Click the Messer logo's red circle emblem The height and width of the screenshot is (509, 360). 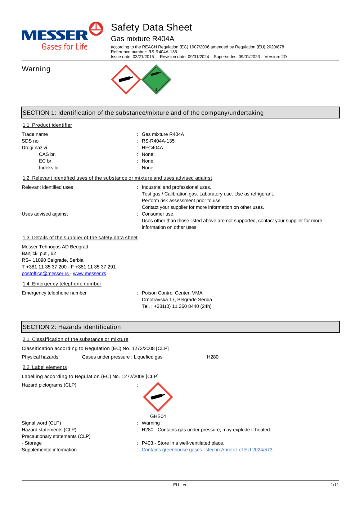(x=96, y=29)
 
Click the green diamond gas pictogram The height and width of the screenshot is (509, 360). (x=156, y=80)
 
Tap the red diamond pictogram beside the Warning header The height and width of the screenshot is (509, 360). (x=126, y=80)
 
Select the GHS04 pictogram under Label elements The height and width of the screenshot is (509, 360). (x=158, y=397)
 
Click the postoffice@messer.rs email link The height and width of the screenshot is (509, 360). (x=45, y=274)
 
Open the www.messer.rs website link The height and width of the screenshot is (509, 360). (x=89, y=274)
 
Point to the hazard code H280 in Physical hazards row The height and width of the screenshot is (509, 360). (x=213, y=357)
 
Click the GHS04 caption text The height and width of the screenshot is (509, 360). (x=158, y=416)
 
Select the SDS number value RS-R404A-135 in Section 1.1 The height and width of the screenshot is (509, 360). (x=158, y=141)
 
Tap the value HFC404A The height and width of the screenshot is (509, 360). (x=152, y=148)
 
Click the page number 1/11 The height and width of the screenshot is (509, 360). (x=335, y=485)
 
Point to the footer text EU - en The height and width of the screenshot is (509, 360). (x=180, y=485)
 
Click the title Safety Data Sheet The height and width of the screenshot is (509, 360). (x=152, y=27)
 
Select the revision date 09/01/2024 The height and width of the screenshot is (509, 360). (x=198, y=57)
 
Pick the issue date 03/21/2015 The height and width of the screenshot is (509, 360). (x=143, y=57)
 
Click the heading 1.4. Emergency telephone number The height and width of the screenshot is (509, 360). (x=62, y=284)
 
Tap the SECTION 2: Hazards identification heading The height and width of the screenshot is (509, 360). (x=72, y=327)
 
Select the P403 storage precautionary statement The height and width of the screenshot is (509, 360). (x=183, y=443)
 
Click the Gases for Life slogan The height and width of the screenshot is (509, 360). (x=65, y=47)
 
